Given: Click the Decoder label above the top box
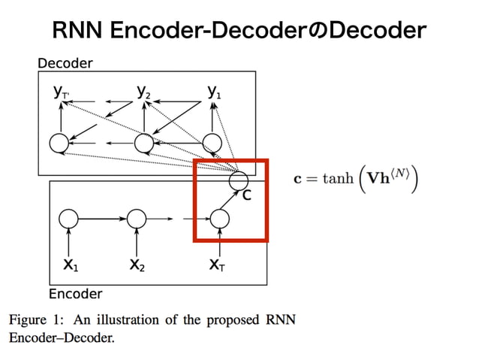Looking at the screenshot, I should tap(65, 64).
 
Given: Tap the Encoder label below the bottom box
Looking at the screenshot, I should tap(75, 293).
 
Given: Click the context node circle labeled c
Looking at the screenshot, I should tap(239, 180).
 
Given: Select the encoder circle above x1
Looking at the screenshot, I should tap(69, 219).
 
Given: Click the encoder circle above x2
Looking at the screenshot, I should tap(136, 219).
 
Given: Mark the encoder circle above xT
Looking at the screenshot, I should tap(218, 219).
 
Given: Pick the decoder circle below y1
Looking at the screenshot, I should tap(214, 142).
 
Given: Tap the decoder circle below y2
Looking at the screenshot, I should tap(143, 142).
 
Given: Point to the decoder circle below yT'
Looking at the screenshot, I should tap(59, 142).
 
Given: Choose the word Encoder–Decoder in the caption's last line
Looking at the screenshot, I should tap(62, 337).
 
